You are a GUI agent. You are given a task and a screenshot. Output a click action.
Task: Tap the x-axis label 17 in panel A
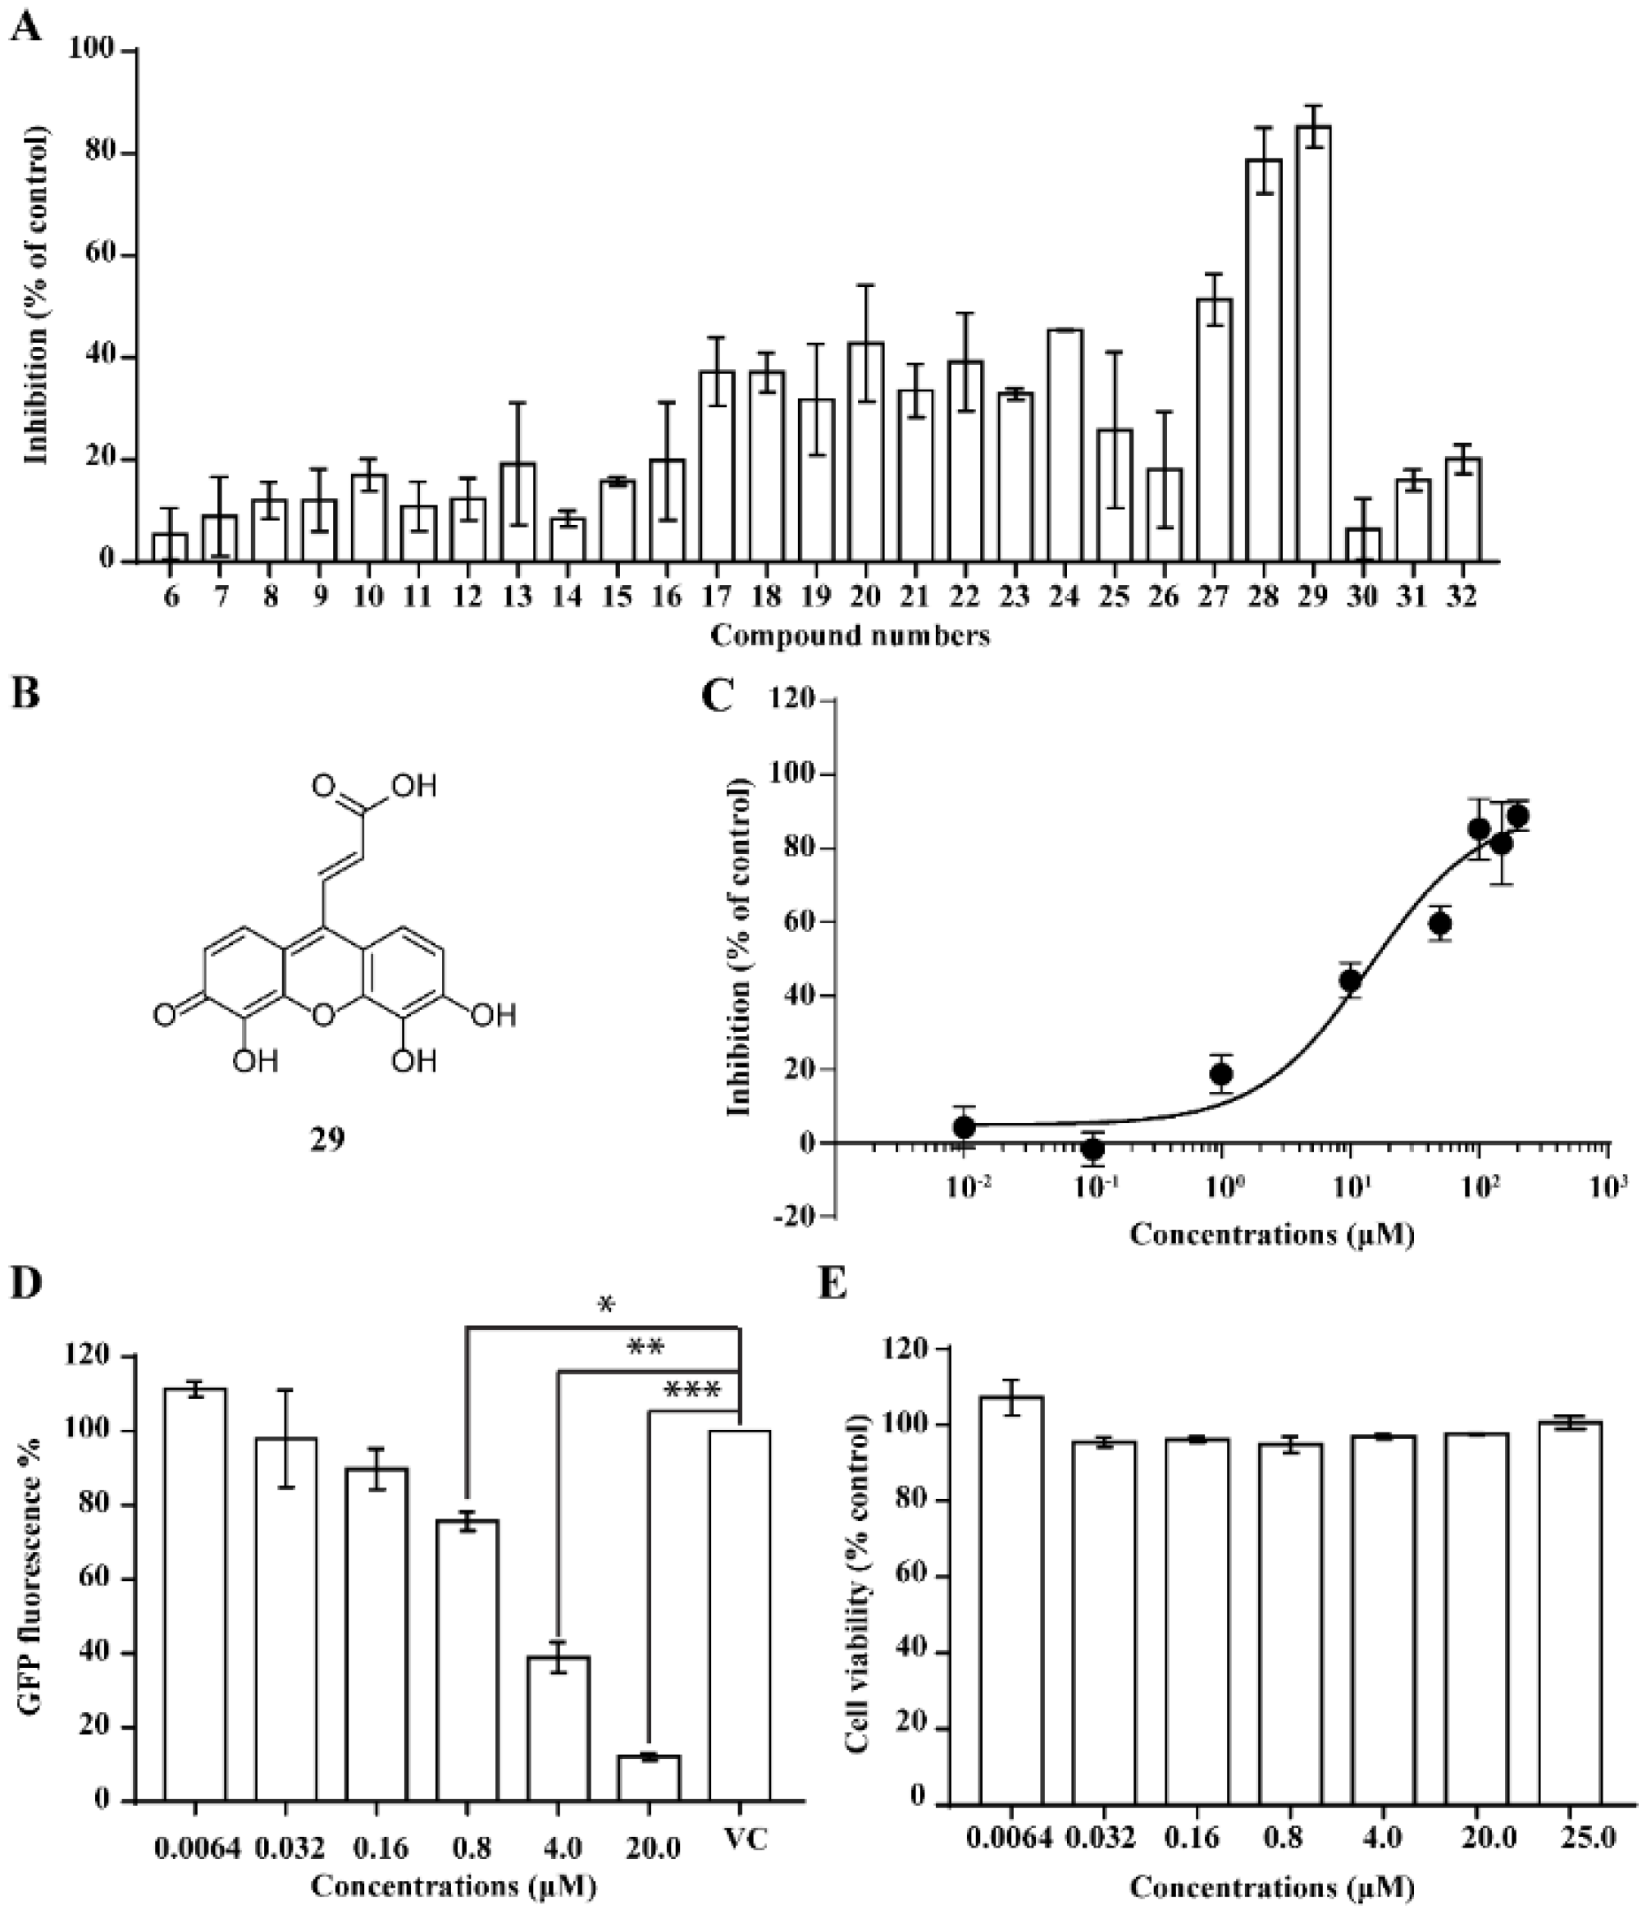point(716,596)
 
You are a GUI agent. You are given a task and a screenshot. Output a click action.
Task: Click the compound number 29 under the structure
point(327,1139)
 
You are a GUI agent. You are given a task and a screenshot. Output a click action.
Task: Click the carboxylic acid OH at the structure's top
point(413,786)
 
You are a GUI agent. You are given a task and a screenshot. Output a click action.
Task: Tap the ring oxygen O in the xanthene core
point(322,1017)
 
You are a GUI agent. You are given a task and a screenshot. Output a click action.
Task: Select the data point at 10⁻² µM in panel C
point(964,1127)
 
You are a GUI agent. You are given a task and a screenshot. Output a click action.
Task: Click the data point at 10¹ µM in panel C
point(1351,981)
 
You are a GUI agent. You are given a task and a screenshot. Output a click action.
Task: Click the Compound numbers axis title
point(850,636)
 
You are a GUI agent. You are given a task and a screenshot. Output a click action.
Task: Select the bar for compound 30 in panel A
point(1363,545)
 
